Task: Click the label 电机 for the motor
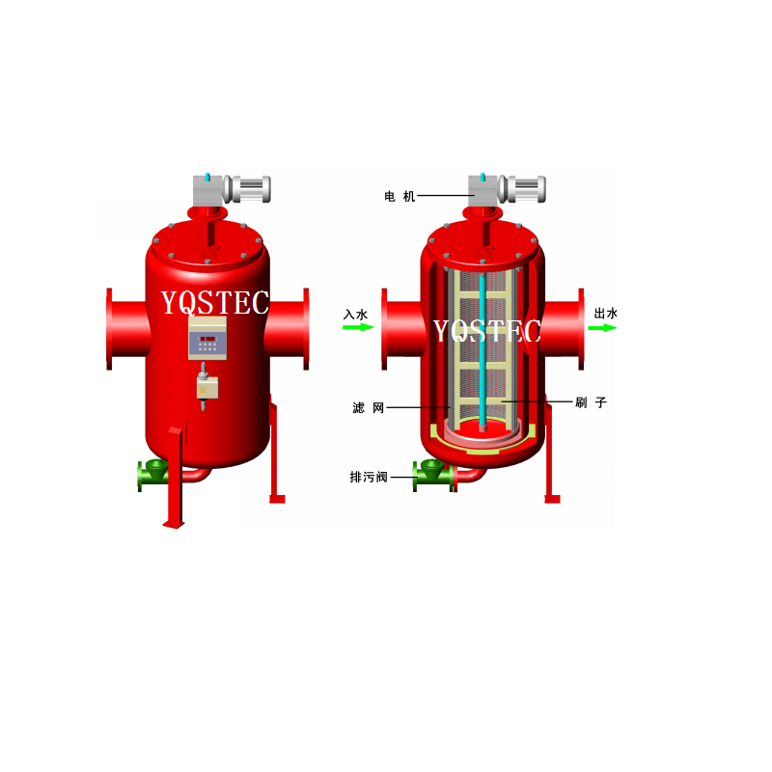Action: (400, 197)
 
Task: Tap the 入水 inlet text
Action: (355, 315)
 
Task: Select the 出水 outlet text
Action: (606, 313)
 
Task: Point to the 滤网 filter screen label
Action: (369, 407)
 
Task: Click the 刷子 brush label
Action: (591, 402)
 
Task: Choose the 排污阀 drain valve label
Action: (369, 477)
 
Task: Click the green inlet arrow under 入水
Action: (358, 327)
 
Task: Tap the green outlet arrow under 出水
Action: (602, 327)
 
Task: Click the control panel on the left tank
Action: (207, 338)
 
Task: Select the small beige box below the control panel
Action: (207, 387)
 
